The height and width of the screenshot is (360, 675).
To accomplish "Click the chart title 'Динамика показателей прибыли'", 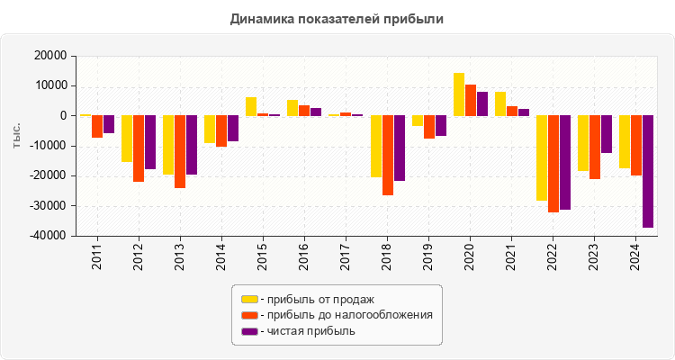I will [337, 18].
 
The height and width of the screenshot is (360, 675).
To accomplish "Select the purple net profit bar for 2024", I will [648, 171].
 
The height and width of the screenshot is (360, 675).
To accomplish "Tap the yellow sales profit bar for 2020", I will [459, 94].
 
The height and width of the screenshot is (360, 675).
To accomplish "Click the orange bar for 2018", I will [388, 155].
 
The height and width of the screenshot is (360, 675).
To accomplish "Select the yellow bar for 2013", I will [168, 145].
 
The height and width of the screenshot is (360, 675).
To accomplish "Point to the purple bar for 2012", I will [150, 142].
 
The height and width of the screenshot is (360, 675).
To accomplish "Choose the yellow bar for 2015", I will [251, 106].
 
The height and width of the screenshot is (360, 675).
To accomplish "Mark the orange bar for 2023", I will [595, 147].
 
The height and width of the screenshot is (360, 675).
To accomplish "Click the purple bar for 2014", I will [233, 129].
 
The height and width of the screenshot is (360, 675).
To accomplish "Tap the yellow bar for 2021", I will [500, 103].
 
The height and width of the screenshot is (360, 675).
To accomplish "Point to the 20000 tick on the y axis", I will [49, 56].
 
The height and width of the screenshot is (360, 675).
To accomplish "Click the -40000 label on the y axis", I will [47, 236].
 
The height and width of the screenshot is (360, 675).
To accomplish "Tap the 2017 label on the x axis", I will [346, 256].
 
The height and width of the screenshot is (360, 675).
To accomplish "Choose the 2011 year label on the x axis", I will [97, 256].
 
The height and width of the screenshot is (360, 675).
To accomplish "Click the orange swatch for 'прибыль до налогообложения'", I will [249, 315].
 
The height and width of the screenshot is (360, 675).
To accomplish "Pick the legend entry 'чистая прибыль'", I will [306, 331].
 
